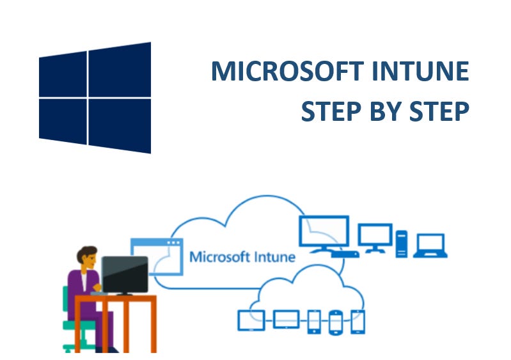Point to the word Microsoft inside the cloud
(x=217, y=257)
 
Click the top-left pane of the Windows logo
(x=63, y=74)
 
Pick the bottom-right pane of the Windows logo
(x=120, y=125)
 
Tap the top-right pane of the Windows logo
(x=120, y=70)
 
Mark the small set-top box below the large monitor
(x=345, y=254)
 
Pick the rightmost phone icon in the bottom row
(x=358, y=321)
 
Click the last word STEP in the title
(x=439, y=111)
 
